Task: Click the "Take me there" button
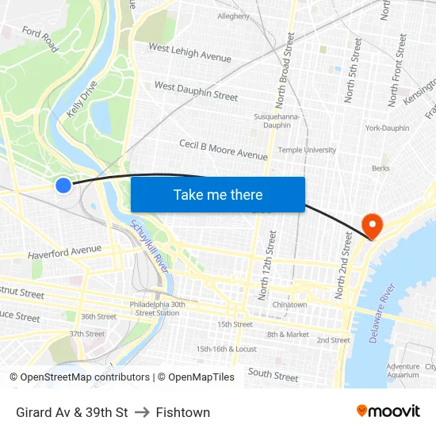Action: pos(218,194)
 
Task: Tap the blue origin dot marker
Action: pos(63,185)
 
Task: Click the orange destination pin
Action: pos(371,226)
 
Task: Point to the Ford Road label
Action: pos(40,39)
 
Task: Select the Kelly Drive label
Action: pos(82,99)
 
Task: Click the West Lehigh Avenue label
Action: pos(190,53)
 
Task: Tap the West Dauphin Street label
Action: pos(196,90)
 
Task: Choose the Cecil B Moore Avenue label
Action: pos(224,149)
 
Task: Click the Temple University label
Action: pos(307,150)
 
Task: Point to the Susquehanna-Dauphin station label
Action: pos(276,120)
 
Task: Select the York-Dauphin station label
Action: pos(387,128)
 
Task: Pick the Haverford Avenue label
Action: pos(65,252)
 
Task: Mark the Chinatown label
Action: pos(289,304)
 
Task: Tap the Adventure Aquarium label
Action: pos(403,370)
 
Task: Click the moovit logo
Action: pos(388,411)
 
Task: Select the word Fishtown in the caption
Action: pos(183,412)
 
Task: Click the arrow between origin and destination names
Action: pos(142,412)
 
